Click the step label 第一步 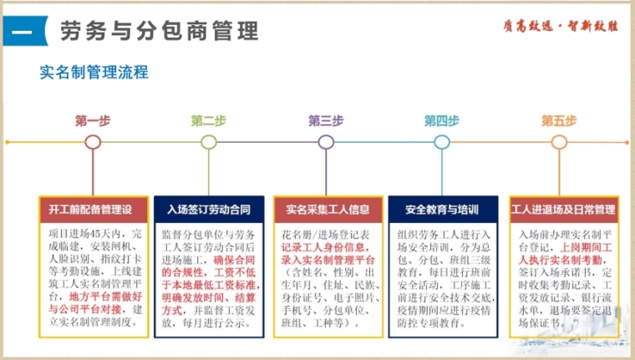(x=92, y=120)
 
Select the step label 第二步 (x=208, y=120)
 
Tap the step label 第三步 (x=326, y=120)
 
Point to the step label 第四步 (x=442, y=120)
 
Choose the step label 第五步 (x=559, y=120)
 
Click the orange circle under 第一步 (x=92, y=141)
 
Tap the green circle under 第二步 (x=209, y=141)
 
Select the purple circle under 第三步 (x=326, y=141)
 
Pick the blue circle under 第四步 (x=442, y=141)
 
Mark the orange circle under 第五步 (x=559, y=141)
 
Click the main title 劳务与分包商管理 (x=159, y=33)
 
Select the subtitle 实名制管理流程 (x=94, y=73)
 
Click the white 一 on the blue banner (x=23, y=33)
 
